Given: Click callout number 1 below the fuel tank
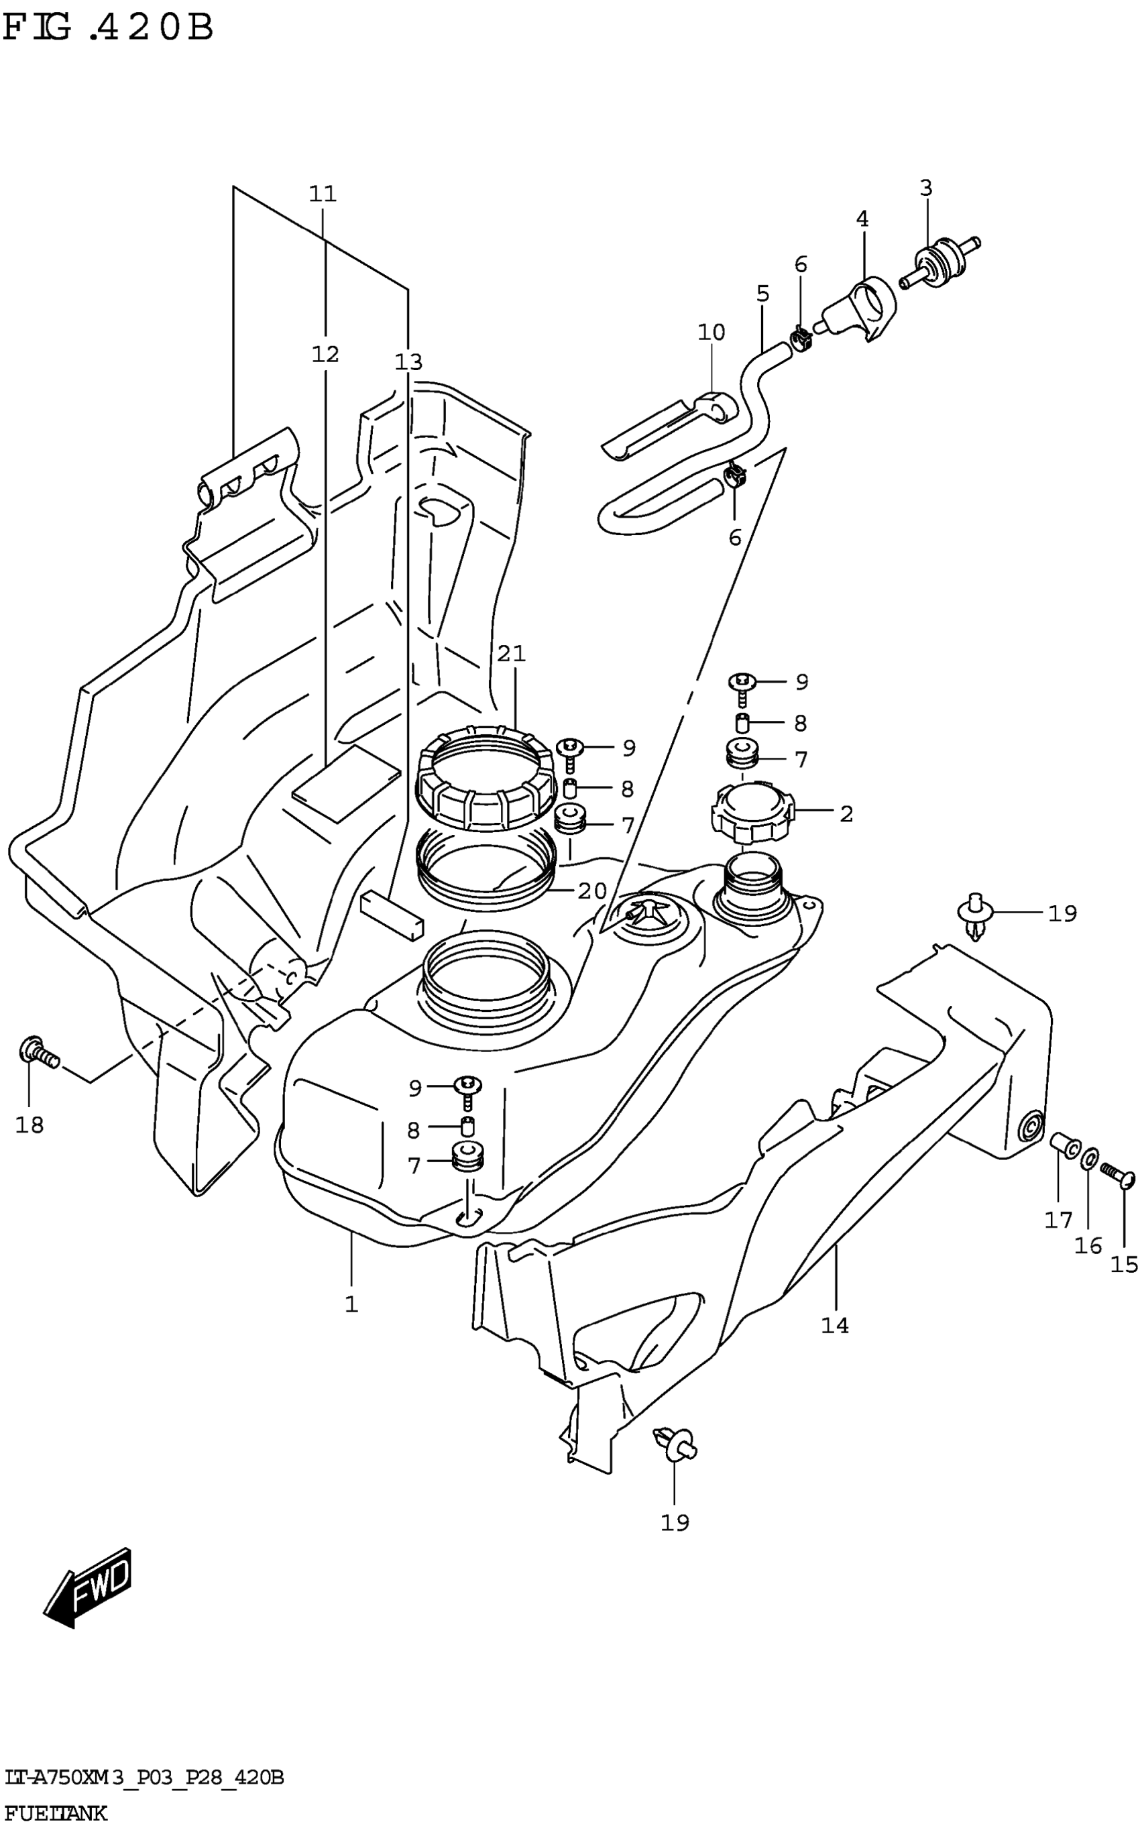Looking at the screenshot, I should click(351, 1304).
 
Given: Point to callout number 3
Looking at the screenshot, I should click(926, 188).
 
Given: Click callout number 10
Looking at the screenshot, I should click(711, 332).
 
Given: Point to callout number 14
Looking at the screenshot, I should click(835, 1325).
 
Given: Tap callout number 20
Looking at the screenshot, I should click(592, 891).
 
